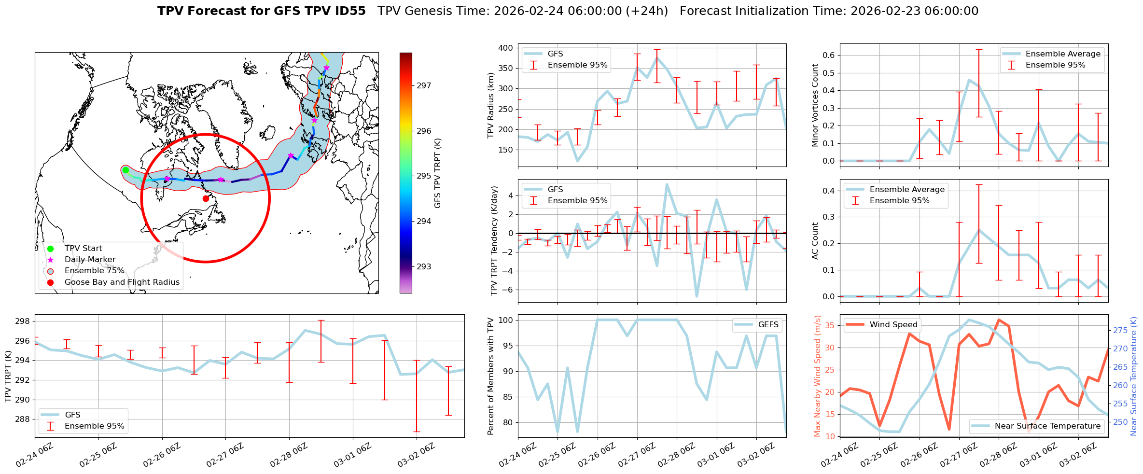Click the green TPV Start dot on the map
[x=125, y=170]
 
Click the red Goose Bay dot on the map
[x=206, y=198]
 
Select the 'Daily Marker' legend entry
[x=90, y=260]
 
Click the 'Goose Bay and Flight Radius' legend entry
[x=122, y=282]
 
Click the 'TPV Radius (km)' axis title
[x=491, y=105]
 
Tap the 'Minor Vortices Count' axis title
[x=815, y=105]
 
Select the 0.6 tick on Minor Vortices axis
[x=828, y=56]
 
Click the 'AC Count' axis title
[x=815, y=241]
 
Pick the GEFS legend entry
[x=768, y=325]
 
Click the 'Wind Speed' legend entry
[x=893, y=325]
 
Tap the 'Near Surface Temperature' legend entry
[x=1047, y=426]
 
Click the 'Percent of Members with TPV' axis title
[x=491, y=376]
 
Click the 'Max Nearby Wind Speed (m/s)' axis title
[x=818, y=376]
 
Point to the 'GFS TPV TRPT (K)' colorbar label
[x=438, y=173]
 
